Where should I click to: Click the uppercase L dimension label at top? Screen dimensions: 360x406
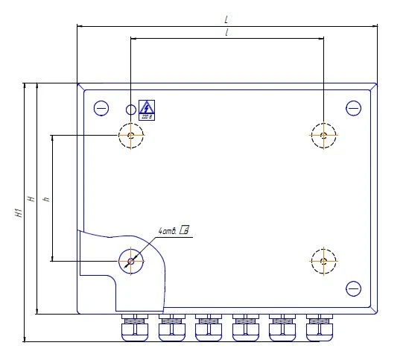[x=226, y=19]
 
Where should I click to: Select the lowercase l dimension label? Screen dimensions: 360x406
[x=226, y=34]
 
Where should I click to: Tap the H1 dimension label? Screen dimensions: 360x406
[x=17, y=212]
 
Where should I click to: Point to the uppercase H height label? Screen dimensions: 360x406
[x=31, y=199]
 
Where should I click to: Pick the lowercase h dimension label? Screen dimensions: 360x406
[x=45, y=199]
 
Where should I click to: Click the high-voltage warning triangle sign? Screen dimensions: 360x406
[x=147, y=109]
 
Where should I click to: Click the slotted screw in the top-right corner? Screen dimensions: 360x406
[x=353, y=109]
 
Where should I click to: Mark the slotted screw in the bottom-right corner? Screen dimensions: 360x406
[x=353, y=288]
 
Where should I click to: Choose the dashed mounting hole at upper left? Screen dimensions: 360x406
[x=131, y=135]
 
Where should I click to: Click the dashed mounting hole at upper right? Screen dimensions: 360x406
[x=323, y=135]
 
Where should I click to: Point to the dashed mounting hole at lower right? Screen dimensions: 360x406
[x=323, y=260]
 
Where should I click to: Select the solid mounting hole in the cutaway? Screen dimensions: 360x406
[x=131, y=260]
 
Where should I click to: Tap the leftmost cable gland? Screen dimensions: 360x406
[x=134, y=326]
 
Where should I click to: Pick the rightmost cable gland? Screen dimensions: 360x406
[x=318, y=326]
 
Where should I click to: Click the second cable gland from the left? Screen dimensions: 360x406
[x=171, y=326]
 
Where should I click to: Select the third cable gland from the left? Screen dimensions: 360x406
[x=208, y=326]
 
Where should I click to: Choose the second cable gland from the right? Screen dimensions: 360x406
[x=282, y=326]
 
